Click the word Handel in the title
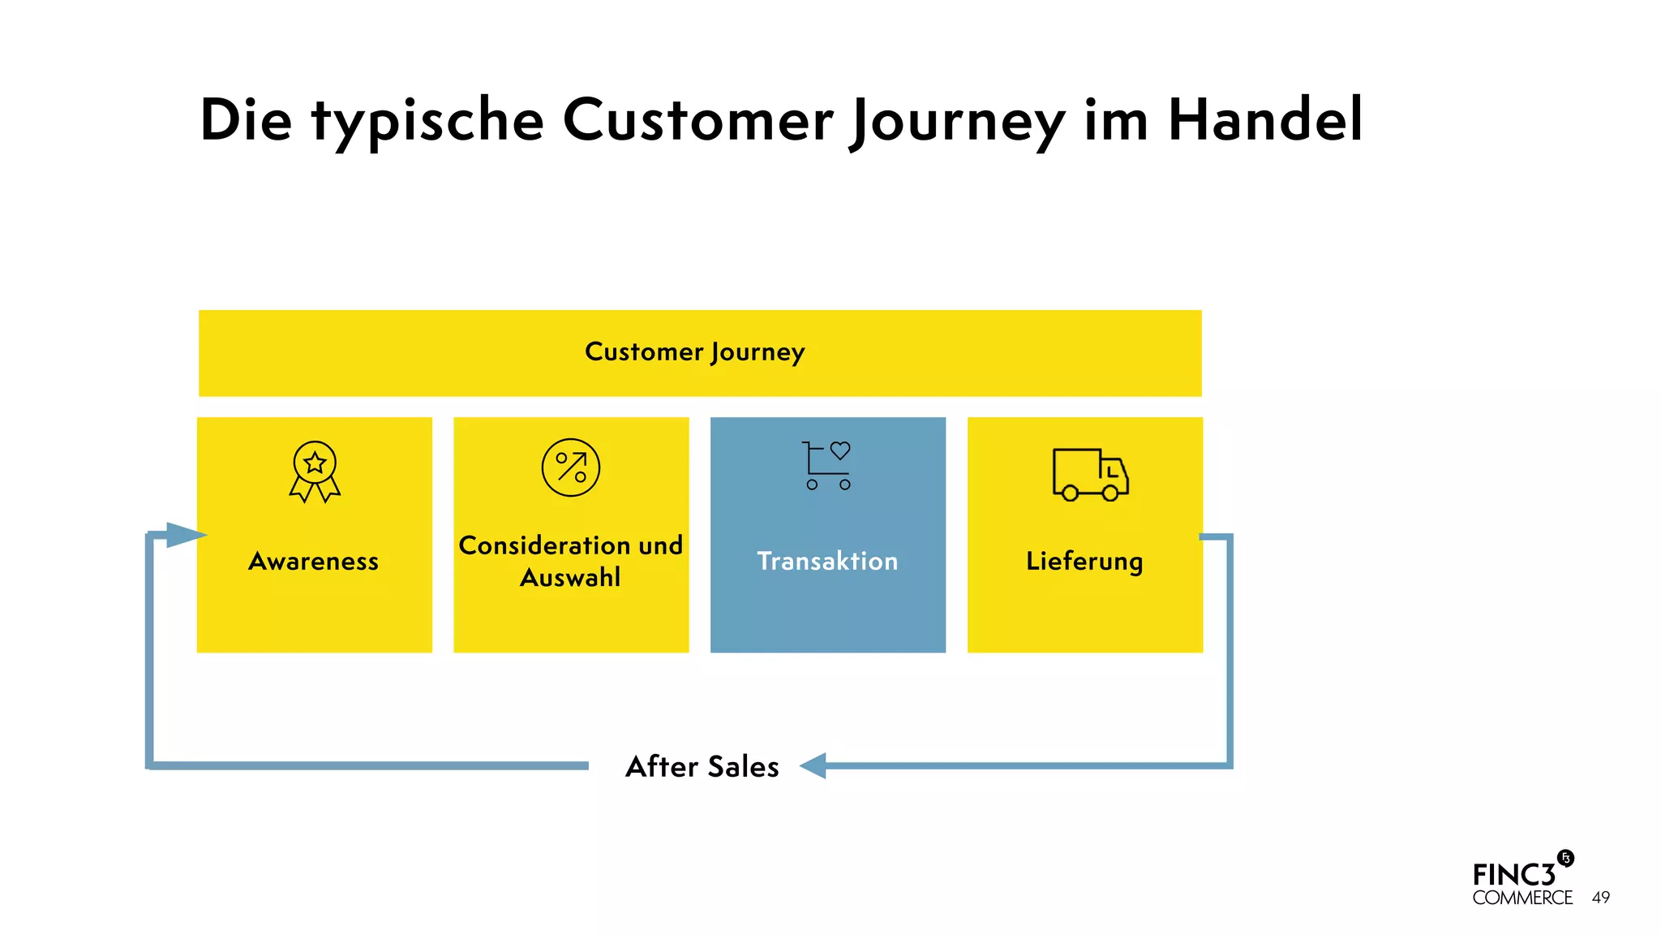[1265, 120]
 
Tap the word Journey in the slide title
[957, 122]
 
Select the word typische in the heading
[427, 122]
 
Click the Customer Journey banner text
[694, 352]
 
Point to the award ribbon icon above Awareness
[315, 471]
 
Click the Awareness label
[314, 562]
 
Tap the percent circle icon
[571, 467]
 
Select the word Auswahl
[570, 578]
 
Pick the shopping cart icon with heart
[826, 465]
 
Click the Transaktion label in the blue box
[827, 562]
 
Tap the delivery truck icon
[1090, 474]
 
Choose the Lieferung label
[1084, 562]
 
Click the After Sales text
[702, 767]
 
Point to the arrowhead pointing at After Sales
[813, 765]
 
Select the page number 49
[1601, 898]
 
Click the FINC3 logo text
[1513, 876]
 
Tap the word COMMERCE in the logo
[1522, 898]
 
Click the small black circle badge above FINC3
[1566, 859]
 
